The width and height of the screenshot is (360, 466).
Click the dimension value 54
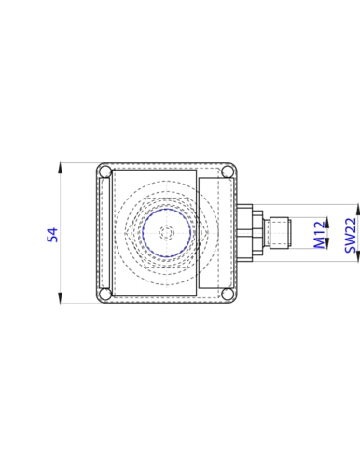52,235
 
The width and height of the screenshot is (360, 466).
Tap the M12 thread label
320,235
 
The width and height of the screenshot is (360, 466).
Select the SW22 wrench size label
351,235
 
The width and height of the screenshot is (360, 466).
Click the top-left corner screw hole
106,171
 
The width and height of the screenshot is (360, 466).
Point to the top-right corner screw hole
228,171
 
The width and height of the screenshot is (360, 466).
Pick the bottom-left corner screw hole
106,294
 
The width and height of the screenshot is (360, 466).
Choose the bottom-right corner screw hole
228,294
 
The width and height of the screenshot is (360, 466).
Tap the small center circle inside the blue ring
167,233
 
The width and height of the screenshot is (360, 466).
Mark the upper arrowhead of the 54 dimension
60,168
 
